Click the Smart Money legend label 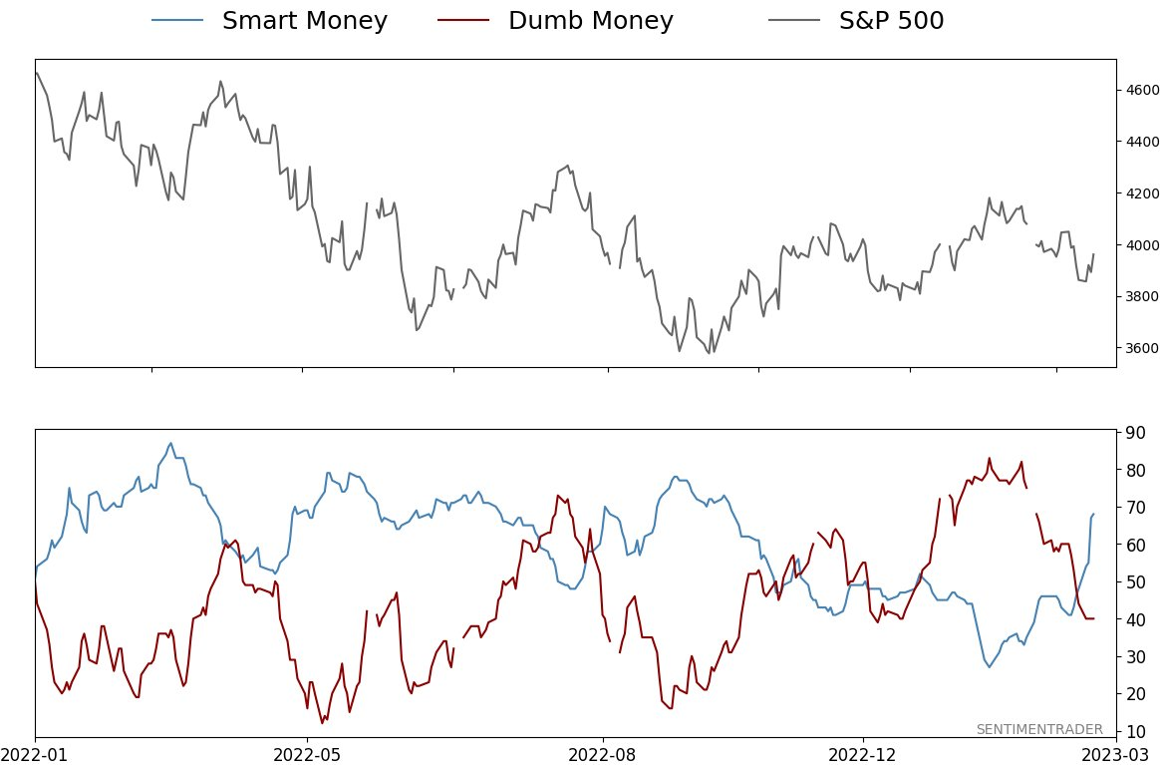point(304,21)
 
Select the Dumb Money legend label point(590,21)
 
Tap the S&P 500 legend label point(891,21)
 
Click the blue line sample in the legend point(177,21)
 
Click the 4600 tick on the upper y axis point(1142,91)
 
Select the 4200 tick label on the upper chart point(1142,193)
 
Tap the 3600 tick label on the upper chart point(1142,348)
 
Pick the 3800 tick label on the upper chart point(1142,296)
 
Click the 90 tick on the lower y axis point(1136,433)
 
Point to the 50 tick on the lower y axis point(1136,582)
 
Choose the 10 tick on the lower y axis point(1136,731)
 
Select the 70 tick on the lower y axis point(1136,508)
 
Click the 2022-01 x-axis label point(35,754)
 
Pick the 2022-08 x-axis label point(603,754)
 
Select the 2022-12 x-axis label point(863,754)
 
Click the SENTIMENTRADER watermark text point(1039,729)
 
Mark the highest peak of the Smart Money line point(170,443)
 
